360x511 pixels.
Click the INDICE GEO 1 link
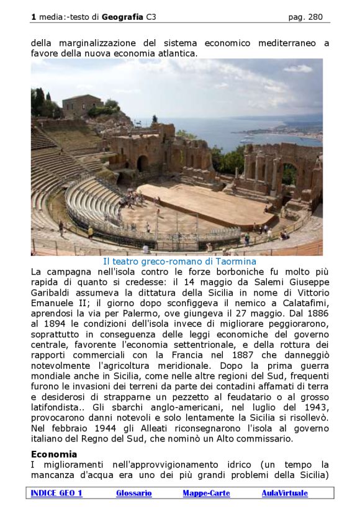tap(56, 493)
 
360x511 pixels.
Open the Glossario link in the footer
tap(133, 493)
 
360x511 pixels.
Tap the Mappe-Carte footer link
tap(206, 493)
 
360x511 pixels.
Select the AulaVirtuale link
tap(284, 493)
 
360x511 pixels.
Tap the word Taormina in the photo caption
tap(232, 262)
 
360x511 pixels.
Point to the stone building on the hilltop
tap(83, 105)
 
